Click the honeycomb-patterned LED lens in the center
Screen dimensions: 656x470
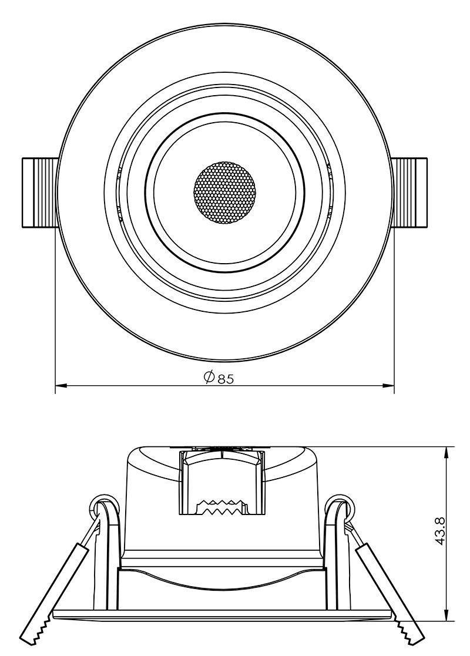225,192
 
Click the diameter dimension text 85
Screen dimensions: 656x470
226,379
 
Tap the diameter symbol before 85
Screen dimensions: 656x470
209,378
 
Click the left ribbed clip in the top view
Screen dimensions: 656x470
40,192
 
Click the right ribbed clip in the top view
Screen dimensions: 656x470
409,192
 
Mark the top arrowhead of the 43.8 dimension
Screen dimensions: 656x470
448,452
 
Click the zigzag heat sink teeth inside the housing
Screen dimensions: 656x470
221,507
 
